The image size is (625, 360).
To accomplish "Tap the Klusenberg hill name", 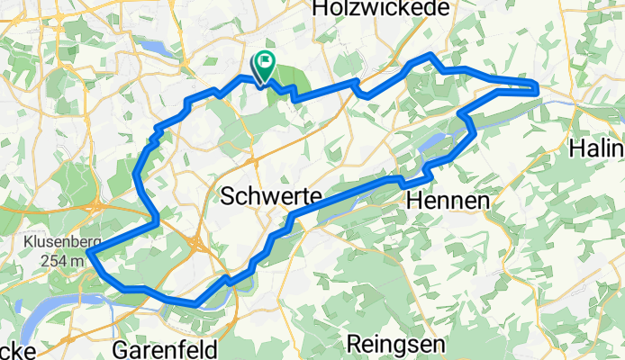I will (x=57, y=243).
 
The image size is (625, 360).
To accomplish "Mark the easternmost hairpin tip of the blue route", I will (x=538, y=87).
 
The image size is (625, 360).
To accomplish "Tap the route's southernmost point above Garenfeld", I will (x=197, y=304).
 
